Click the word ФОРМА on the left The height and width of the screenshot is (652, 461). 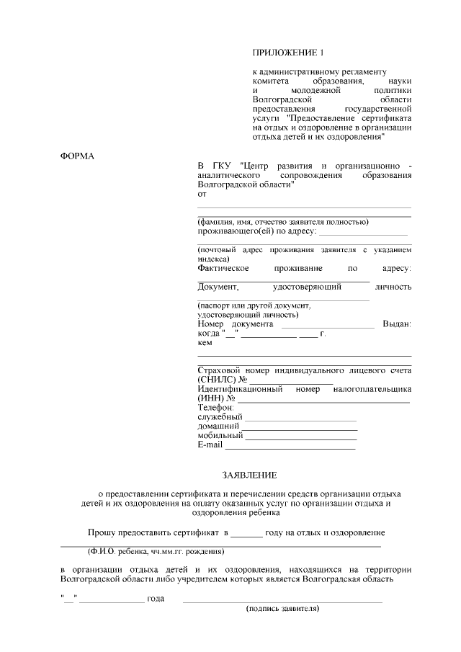77,156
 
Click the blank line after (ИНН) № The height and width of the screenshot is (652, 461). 323,400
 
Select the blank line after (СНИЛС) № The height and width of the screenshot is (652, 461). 292,381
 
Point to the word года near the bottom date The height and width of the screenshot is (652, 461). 156,599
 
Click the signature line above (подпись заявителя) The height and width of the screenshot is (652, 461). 282,601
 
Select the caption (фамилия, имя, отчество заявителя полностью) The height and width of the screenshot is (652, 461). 283,222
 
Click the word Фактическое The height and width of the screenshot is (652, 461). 223,268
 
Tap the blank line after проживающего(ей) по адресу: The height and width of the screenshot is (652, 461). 363,234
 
